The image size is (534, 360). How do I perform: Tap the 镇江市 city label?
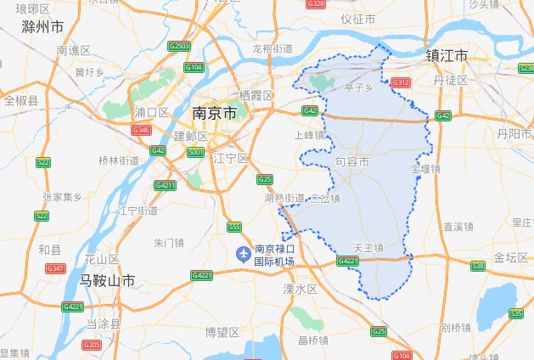click(x=447, y=56)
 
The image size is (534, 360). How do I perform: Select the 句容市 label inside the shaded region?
click(x=352, y=160)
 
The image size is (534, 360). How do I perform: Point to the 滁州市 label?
click(x=42, y=27)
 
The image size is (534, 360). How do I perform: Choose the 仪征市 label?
click(x=357, y=19)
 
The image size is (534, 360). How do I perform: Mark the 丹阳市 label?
click(x=514, y=134)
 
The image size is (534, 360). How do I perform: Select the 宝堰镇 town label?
click(x=425, y=169)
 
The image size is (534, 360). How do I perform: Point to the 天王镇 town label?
click(x=369, y=248)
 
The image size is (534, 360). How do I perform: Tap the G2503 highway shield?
click(x=178, y=46)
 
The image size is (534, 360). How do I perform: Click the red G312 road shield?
click(x=401, y=82)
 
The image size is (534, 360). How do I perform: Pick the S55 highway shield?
click(x=235, y=227)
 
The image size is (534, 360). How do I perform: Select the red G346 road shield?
click(x=141, y=130)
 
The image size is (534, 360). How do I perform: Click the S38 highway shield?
click(x=478, y=266)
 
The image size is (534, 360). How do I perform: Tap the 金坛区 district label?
click(x=511, y=257)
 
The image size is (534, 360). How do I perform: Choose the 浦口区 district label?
click(x=152, y=113)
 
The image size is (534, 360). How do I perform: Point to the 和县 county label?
click(x=50, y=250)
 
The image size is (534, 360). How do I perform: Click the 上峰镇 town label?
click(x=308, y=135)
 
